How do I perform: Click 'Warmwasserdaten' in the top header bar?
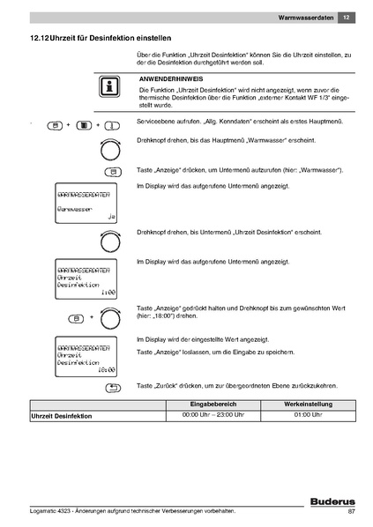click(x=305, y=17)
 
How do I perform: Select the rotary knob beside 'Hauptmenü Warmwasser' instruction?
click(x=110, y=144)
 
